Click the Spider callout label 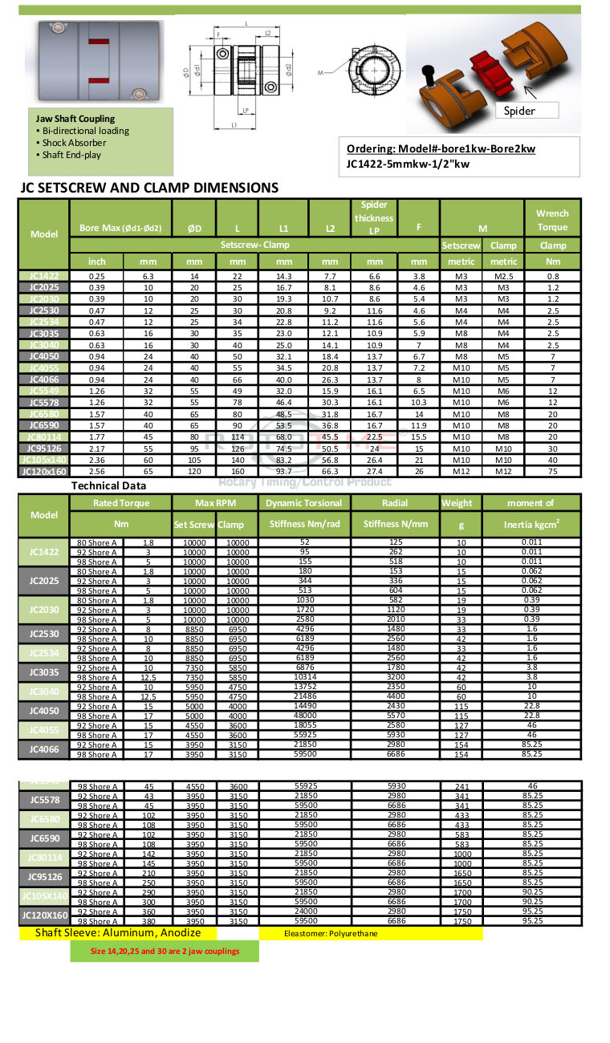click(519, 111)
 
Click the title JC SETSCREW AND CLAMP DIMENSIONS click(148, 188)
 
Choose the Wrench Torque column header click(552, 220)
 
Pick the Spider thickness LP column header click(374, 218)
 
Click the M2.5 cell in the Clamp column click(503, 275)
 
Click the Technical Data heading click(108, 485)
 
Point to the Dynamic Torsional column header click(303, 503)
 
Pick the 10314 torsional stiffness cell click(303, 678)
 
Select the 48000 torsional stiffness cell click(303, 716)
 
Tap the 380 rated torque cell click(148, 922)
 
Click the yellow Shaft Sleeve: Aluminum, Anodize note click(117, 933)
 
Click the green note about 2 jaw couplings click(165, 951)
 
